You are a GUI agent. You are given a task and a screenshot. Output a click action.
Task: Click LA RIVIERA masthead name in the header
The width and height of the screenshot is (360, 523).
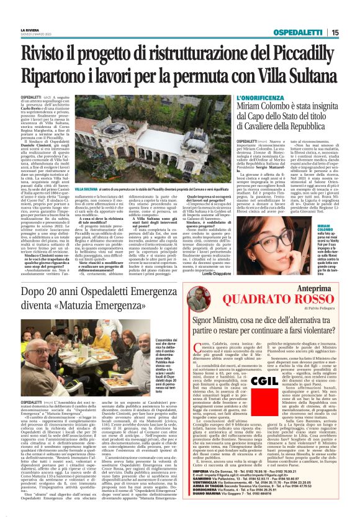click(x=32, y=29)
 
